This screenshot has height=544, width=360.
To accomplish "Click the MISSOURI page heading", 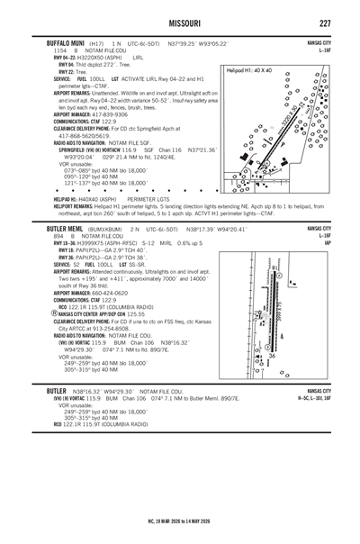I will (x=180, y=23).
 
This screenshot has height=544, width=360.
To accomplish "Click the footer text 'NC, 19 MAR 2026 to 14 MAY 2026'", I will (x=180, y=520).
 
